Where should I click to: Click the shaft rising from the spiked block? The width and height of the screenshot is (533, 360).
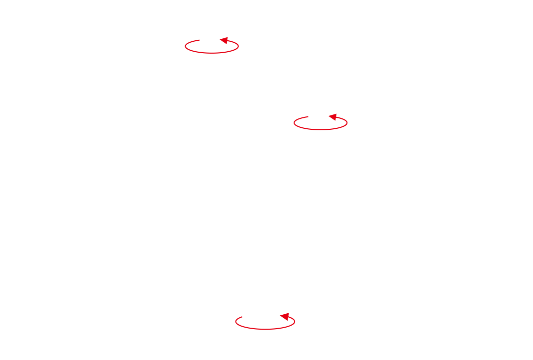tap(320, 127)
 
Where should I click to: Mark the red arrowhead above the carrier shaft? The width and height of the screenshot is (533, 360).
tap(224, 40)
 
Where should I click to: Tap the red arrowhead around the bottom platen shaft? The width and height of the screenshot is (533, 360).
tap(285, 316)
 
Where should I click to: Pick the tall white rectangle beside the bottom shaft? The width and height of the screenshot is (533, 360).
tap(342, 323)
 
